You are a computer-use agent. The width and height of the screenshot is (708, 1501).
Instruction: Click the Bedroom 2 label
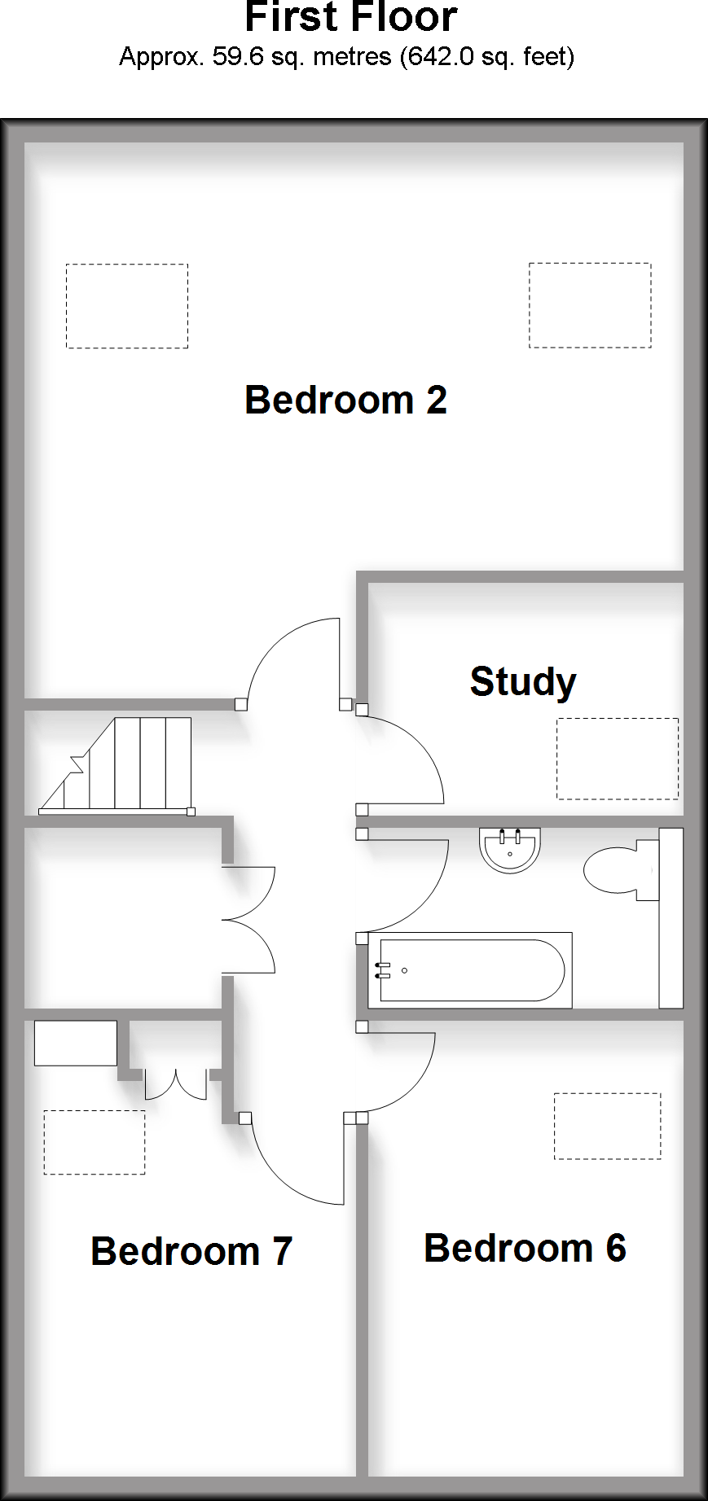(x=345, y=400)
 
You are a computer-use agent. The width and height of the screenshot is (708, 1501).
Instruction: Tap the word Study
(x=523, y=682)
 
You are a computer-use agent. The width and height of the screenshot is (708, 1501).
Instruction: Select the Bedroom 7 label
(x=191, y=1251)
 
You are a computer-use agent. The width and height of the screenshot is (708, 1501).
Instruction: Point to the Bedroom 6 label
(x=525, y=1248)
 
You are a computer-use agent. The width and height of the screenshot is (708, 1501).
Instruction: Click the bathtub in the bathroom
(x=473, y=970)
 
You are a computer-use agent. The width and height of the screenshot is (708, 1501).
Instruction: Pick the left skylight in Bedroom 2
(x=127, y=306)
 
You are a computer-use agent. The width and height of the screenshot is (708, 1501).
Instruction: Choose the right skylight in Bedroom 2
(x=590, y=305)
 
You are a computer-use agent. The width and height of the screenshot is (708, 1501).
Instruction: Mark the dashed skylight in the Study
(x=618, y=759)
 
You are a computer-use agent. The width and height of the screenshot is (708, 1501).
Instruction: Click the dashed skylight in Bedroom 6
(x=607, y=1126)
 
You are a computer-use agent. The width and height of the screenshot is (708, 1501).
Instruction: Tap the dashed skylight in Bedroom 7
(x=95, y=1142)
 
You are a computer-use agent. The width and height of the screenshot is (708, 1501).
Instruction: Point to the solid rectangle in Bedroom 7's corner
(x=76, y=1043)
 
